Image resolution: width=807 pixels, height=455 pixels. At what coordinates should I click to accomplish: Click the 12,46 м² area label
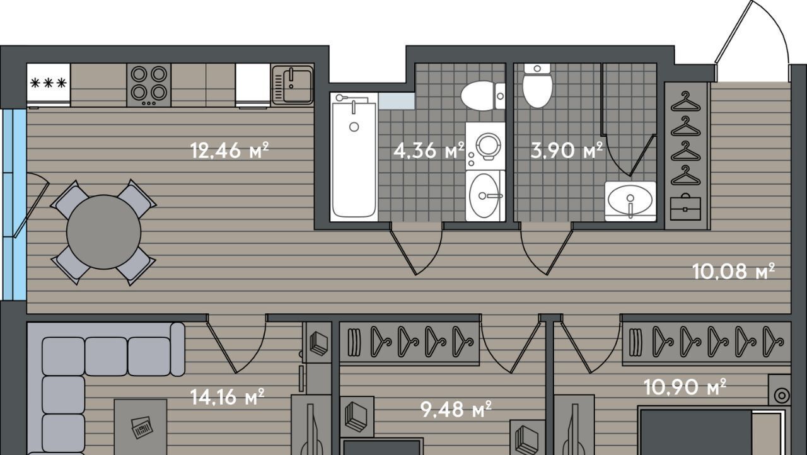[229, 151]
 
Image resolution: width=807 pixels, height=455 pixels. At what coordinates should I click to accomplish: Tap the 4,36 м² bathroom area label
[429, 151]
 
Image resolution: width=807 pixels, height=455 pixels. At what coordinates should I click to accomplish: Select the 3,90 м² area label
[567, 151]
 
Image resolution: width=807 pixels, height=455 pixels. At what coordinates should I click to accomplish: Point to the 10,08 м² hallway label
[733, 272]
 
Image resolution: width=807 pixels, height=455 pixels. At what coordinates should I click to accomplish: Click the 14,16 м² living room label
[228, 397]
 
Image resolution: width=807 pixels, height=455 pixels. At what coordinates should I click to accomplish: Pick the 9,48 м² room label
[456, 410]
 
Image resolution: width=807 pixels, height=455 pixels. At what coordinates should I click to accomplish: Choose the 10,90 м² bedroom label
[685, 388]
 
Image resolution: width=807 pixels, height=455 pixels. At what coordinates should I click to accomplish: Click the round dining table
[103, 232]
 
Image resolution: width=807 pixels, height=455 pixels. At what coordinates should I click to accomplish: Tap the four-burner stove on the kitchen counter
[149, 85]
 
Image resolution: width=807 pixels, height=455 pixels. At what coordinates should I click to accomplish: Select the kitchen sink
[293, 85]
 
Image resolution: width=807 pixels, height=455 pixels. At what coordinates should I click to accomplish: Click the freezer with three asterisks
[49, 86]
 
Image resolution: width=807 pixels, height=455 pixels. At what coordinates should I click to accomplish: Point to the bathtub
[354, 156]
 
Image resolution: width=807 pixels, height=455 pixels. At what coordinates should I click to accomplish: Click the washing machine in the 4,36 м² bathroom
[485, 146]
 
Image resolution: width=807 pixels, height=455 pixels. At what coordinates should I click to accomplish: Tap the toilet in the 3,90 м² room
[537, 86]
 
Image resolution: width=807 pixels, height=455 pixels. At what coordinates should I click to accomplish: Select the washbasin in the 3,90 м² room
[630, 201]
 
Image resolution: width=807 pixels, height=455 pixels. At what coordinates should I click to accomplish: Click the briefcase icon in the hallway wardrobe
[685, 207]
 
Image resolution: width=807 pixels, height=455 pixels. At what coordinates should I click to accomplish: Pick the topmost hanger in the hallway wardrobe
[685, 101]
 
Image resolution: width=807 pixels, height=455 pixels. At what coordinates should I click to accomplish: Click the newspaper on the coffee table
[142, 427]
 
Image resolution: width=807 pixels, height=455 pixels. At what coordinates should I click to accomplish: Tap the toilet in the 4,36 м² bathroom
[483, 96]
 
